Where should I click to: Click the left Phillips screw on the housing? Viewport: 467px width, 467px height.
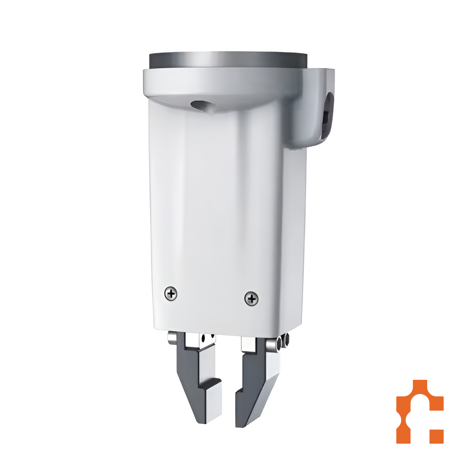pos(171,294)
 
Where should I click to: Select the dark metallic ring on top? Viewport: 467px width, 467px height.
pos(228,60)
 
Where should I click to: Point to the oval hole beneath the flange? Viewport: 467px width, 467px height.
pos(199,105)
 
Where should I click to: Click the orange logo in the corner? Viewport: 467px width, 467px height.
pos(419,411)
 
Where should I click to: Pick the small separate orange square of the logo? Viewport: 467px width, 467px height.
pos(436,436)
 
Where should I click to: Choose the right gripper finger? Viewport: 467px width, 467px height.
pos(255,381)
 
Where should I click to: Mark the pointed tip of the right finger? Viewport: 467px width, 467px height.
pos(241,423)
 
